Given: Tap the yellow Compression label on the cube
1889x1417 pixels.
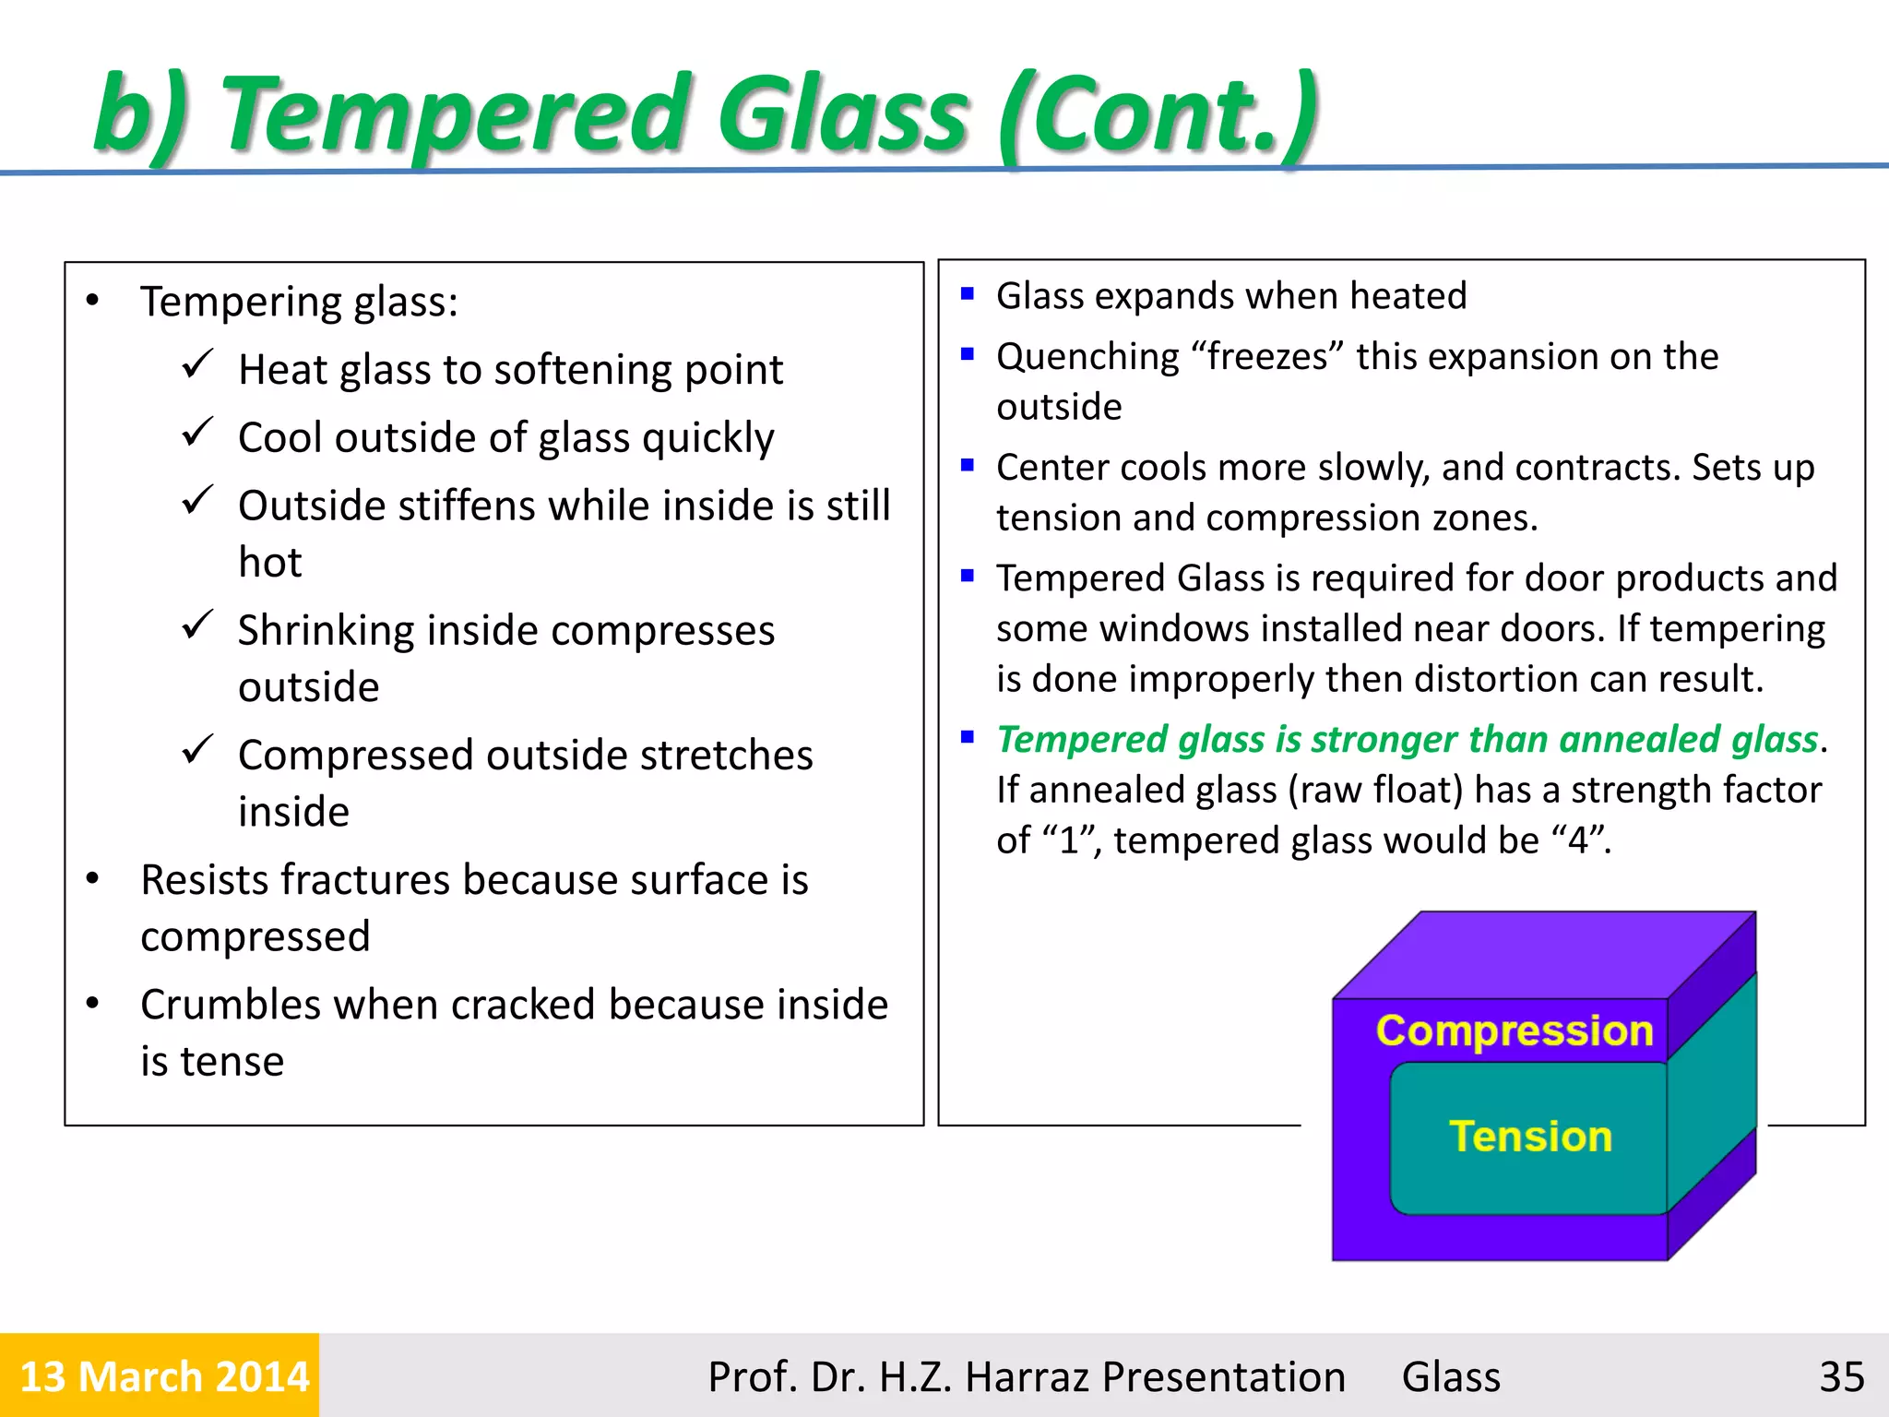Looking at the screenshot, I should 1514,1030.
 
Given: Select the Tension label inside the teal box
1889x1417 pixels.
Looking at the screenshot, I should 1530,1136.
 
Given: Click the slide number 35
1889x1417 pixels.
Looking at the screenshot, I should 1841,1376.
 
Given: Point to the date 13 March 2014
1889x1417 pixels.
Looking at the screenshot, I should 163,1376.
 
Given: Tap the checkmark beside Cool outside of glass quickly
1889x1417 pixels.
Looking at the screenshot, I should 197,432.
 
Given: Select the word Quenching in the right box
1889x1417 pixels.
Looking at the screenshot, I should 1087,357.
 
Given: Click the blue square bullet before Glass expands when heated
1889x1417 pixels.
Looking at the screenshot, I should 967,294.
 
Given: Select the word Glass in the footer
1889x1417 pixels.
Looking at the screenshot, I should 1451,1376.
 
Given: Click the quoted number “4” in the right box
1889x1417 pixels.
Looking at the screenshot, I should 1578,839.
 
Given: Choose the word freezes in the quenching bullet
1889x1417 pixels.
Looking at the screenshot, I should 1266,357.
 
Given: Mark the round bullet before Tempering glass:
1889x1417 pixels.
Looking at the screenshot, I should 92,301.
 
